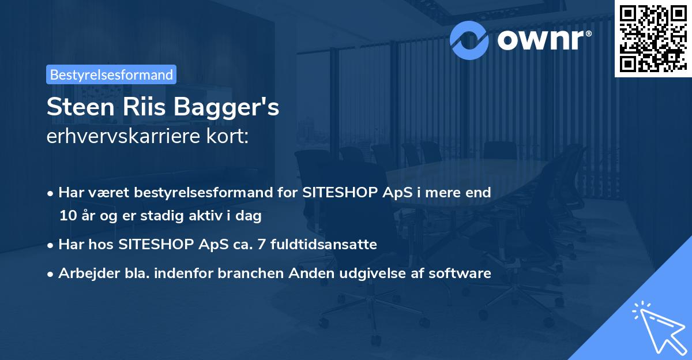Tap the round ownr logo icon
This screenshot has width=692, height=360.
(x=469, y=39)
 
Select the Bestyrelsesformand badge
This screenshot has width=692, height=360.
(x=111, y=74)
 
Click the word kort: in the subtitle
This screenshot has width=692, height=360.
(x=228, y=137)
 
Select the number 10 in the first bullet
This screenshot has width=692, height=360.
(x=66, y=216)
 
